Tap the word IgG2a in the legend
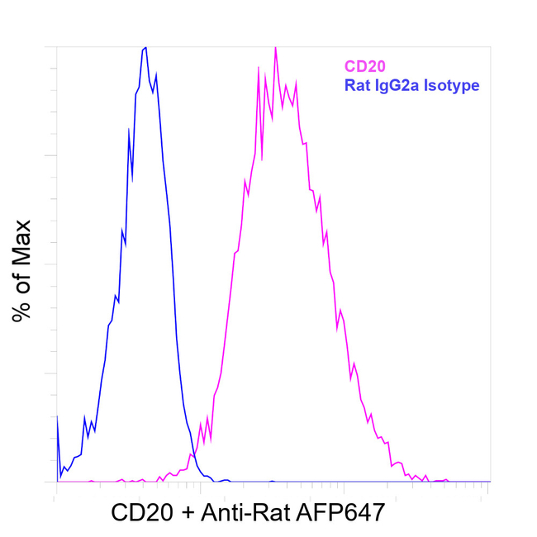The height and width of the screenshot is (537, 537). (x=392, y=84)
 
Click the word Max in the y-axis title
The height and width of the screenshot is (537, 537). (x=21, y=242)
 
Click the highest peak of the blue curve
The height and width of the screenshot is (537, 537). (x=145, y=48)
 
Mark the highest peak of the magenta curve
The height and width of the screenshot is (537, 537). (x=275, y=48)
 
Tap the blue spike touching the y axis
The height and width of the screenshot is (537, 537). (x=57, y=417)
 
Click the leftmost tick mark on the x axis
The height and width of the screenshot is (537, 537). (x=55, y=487)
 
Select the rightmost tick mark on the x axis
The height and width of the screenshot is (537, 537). (x=490, y=487)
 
